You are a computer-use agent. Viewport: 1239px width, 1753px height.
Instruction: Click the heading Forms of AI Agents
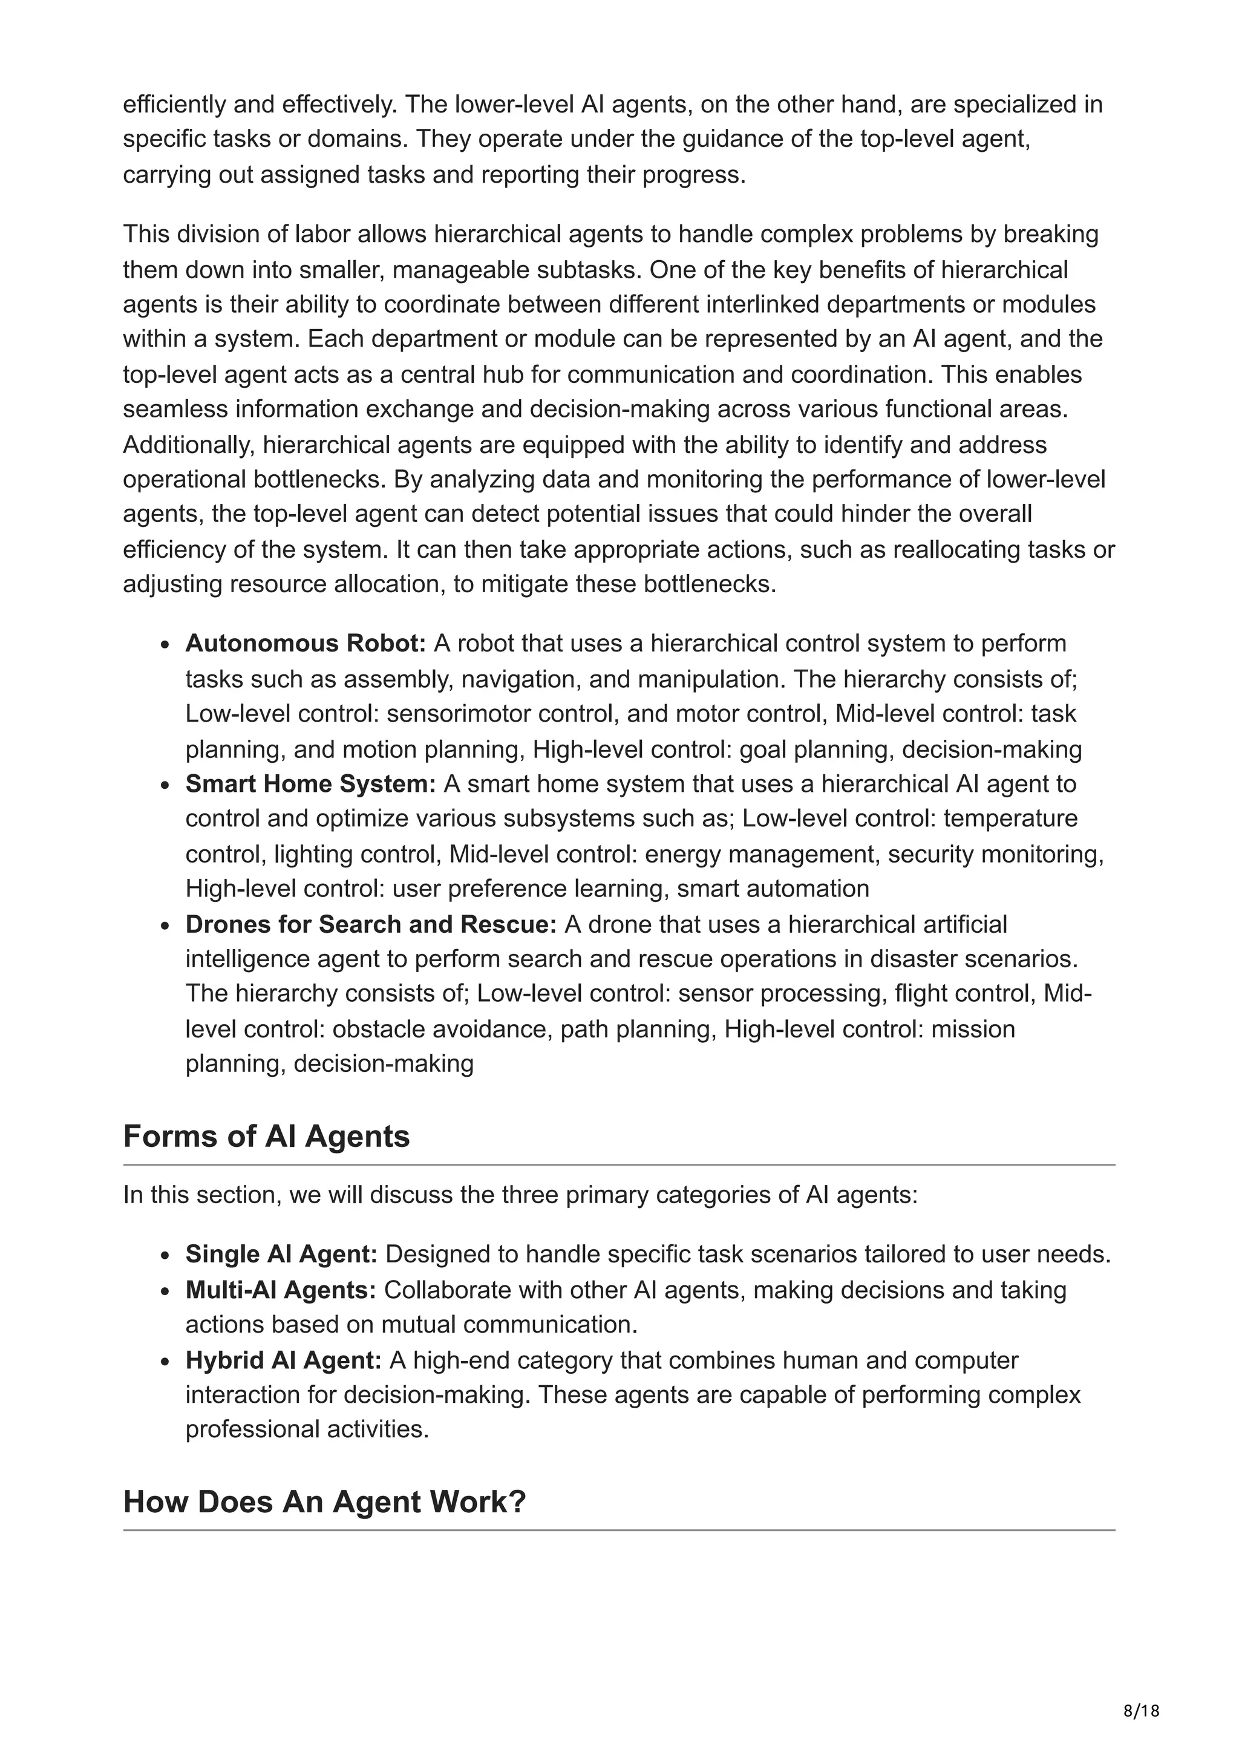(266, 1136)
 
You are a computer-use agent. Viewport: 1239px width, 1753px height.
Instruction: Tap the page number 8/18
(1141, 1710)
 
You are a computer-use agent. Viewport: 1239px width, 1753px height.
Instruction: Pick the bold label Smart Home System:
(310, 784)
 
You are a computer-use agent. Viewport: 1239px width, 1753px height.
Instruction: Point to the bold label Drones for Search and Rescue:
(371, 925)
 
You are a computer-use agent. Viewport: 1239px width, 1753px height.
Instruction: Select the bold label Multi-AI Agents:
(281, 1290)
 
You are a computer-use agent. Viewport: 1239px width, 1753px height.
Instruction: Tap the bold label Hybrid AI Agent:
(283, 1360)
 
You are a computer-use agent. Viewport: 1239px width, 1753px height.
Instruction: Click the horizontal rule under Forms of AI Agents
(618, 1165)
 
